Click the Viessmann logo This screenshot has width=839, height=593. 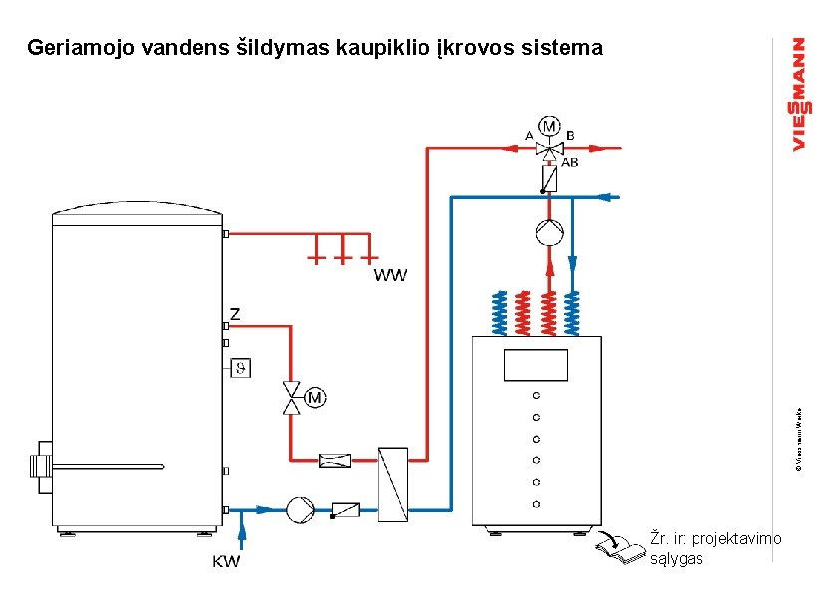coord(799,95)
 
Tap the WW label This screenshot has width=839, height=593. coord(390,274)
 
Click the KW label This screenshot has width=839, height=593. coord(226,561)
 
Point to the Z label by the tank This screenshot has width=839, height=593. coord(235,314)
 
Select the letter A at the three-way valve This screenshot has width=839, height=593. coord(529,135)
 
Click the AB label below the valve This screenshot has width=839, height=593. coord(569,161)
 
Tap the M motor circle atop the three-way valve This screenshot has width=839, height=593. coord(549,126)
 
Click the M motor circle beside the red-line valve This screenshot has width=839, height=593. coord(315,398)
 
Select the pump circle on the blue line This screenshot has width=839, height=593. coord(299,509)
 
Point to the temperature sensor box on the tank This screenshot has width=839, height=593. coord(240,368)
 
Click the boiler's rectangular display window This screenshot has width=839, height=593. coord(536,365)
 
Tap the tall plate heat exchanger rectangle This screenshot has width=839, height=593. coord(391,481)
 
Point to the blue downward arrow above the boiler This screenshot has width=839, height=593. coord(573,264)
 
